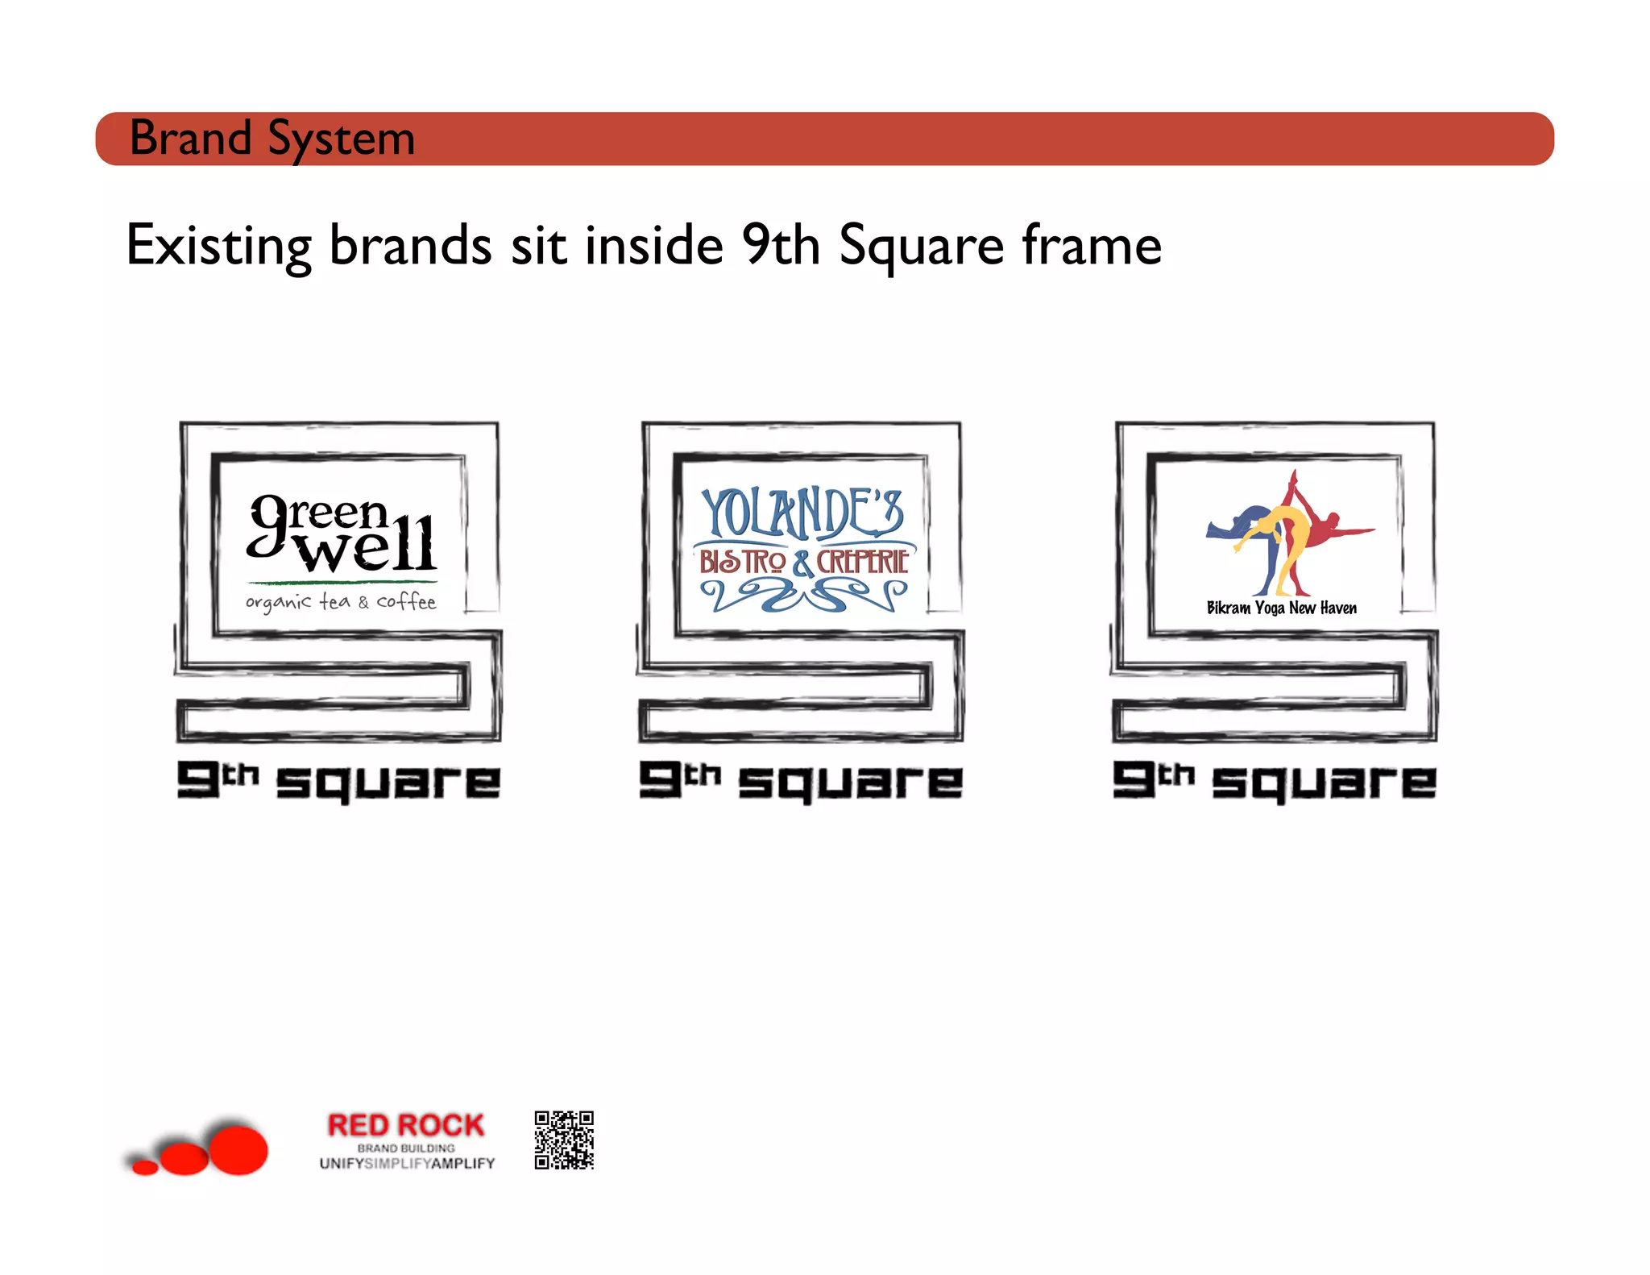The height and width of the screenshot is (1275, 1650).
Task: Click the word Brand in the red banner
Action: click(x=190, y=138)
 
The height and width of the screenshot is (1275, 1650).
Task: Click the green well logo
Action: click(x=342, y=534)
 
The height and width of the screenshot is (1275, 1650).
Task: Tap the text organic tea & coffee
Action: click(x=341, y=602)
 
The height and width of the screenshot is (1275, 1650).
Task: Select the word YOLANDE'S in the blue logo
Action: click(x=802, y=513)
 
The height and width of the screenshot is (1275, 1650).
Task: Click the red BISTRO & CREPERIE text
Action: click(x=803, y=562)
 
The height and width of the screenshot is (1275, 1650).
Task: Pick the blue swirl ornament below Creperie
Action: click(x=803, y=597)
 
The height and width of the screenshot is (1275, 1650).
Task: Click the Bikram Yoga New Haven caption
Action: click(x=1281, y=608)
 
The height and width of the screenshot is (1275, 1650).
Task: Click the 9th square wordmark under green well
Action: click(x=339, y=781)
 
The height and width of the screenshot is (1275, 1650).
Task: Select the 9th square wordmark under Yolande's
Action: click(x=802, y=781)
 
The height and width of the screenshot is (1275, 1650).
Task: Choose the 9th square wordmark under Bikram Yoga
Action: click(x=1275, y=781)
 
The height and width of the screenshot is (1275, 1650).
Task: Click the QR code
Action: click(x=564, y=1140)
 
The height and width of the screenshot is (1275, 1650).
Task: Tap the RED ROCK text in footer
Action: click(x=406, y=1125)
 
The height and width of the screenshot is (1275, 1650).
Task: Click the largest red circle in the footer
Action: click(x=238, y=1149)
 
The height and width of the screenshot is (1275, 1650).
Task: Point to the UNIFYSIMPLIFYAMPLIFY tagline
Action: click(x=407, y=1164)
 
